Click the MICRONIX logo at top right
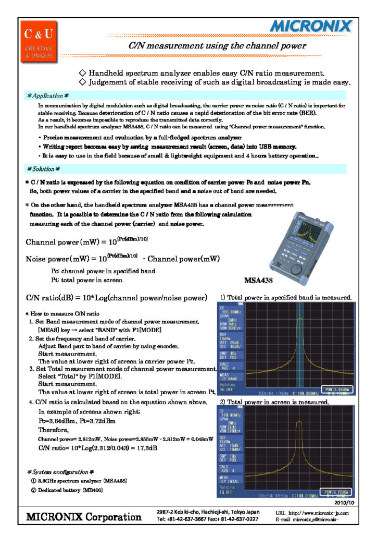point(311,26)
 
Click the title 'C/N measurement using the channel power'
point(217,46)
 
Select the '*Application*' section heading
point(48,96)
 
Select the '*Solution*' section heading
point(43,169)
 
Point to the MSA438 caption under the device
point(259,281)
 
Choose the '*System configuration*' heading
point(60,472)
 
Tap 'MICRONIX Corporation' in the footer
point(84,517)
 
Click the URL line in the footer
point(312,513)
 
